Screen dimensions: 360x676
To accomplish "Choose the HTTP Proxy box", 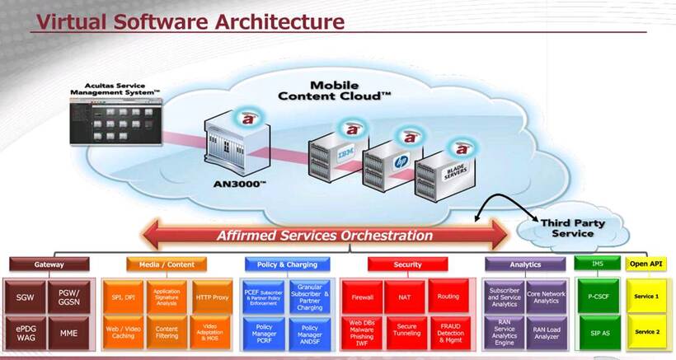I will click(x=212, y=297).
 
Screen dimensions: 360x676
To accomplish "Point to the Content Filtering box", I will click(x=167, y=332).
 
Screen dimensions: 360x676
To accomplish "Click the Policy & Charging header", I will click(x=286, y=264).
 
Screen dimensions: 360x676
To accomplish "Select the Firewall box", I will click(x=364, y=297).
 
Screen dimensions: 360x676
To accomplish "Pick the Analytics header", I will click(x=525, y=264).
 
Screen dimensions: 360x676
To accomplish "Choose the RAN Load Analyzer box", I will click(x=546, y=332).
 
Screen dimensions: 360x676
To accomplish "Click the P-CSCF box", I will click(x=598, y=297).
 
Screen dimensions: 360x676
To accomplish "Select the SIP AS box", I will click(x=598, y=332).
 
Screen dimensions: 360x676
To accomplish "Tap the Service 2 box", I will click(x=646, y=332).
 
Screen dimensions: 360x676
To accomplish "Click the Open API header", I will click(x=646, y=264).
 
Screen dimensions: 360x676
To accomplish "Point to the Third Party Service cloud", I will click(x=566, y=227).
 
